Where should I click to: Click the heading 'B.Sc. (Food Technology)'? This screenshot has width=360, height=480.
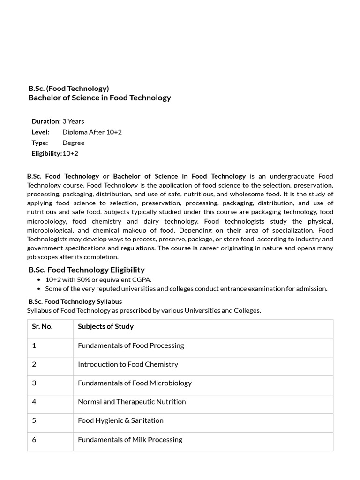tap(68, 88)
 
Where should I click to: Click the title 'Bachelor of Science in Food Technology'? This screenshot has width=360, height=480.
tap(99, 97)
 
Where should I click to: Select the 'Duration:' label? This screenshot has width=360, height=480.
tap(46, 121)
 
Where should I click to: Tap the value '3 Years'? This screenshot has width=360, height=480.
tap(73, 121)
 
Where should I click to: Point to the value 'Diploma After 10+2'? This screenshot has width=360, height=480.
tap(92, 132)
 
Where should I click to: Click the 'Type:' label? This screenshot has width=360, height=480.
tap(40, 142)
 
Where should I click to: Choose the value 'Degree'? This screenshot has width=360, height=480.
tap(73, 142)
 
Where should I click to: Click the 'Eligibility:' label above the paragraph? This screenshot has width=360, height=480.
tap(46, 153)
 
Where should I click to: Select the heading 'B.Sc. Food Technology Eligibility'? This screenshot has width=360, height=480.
tap(86, 270)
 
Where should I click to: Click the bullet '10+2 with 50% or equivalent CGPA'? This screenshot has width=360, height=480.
tap(98, 279)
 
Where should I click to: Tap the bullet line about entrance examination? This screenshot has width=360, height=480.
tap(186, 288)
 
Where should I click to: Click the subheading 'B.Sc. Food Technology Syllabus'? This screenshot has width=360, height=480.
tap(75, 301)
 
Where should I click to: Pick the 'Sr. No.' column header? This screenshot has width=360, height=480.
tap(42, 326)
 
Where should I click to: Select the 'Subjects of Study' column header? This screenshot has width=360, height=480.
tap(105, 326)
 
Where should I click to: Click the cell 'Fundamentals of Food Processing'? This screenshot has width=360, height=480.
tap(131, 345)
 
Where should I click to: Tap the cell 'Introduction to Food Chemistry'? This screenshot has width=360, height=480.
tap(128, 364)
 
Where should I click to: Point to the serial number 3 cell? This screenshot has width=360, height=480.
tap(34, 383)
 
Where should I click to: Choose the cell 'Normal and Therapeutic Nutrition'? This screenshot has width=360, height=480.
tap(132, 402)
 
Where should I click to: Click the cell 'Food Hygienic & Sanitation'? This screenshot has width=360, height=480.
tap(120, 420)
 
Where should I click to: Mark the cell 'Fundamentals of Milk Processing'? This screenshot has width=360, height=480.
tap(130, 440)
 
